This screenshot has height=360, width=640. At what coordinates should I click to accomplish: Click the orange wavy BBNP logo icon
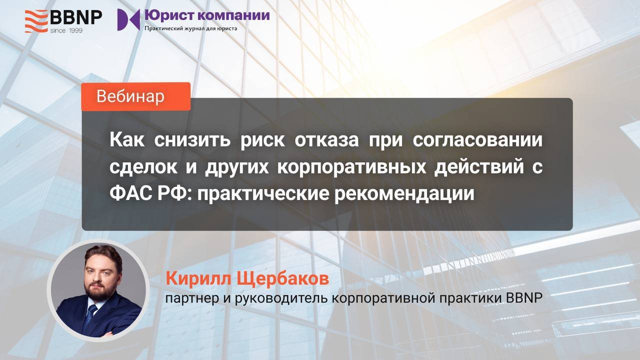pyautogui.click(x=36, y=21)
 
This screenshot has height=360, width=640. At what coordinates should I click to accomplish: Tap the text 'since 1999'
pyautogui.click(x=66, y=30)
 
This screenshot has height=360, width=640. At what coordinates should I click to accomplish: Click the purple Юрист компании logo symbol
pyautogui.click(x=128, y=19)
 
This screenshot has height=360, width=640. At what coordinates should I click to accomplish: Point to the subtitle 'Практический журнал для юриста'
pyautogui.click(x=191, y=28)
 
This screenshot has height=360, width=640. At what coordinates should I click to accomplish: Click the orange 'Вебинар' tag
pyautogui.click(x=135, y=96)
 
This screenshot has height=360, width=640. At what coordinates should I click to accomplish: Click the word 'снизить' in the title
pyautogui.click(x=192, y=140)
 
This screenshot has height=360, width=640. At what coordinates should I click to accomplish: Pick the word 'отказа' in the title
pyautogui.click(x=326, y=140)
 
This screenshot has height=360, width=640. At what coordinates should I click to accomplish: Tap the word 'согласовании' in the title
pyautogui.click(x=477, y=140)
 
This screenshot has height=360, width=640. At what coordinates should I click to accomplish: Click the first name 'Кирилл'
pyautogui.click(x=198, y=278)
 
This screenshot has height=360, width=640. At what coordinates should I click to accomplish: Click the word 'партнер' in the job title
pyautogui.click(x=192, y=298)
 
